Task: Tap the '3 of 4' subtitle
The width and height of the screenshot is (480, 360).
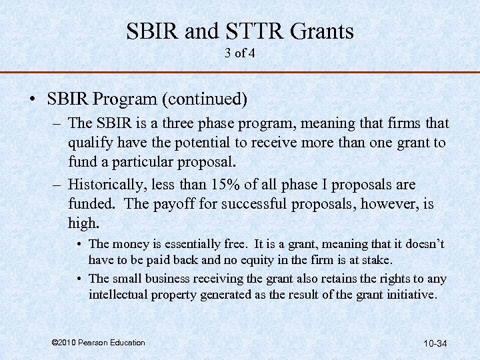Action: (x=240, y=53)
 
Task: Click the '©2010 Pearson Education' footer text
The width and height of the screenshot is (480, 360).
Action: (x=98, y=343)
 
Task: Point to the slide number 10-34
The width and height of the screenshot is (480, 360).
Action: (x=435, y=343)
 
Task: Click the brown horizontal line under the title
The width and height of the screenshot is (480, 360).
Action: (x=240, y=72)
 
